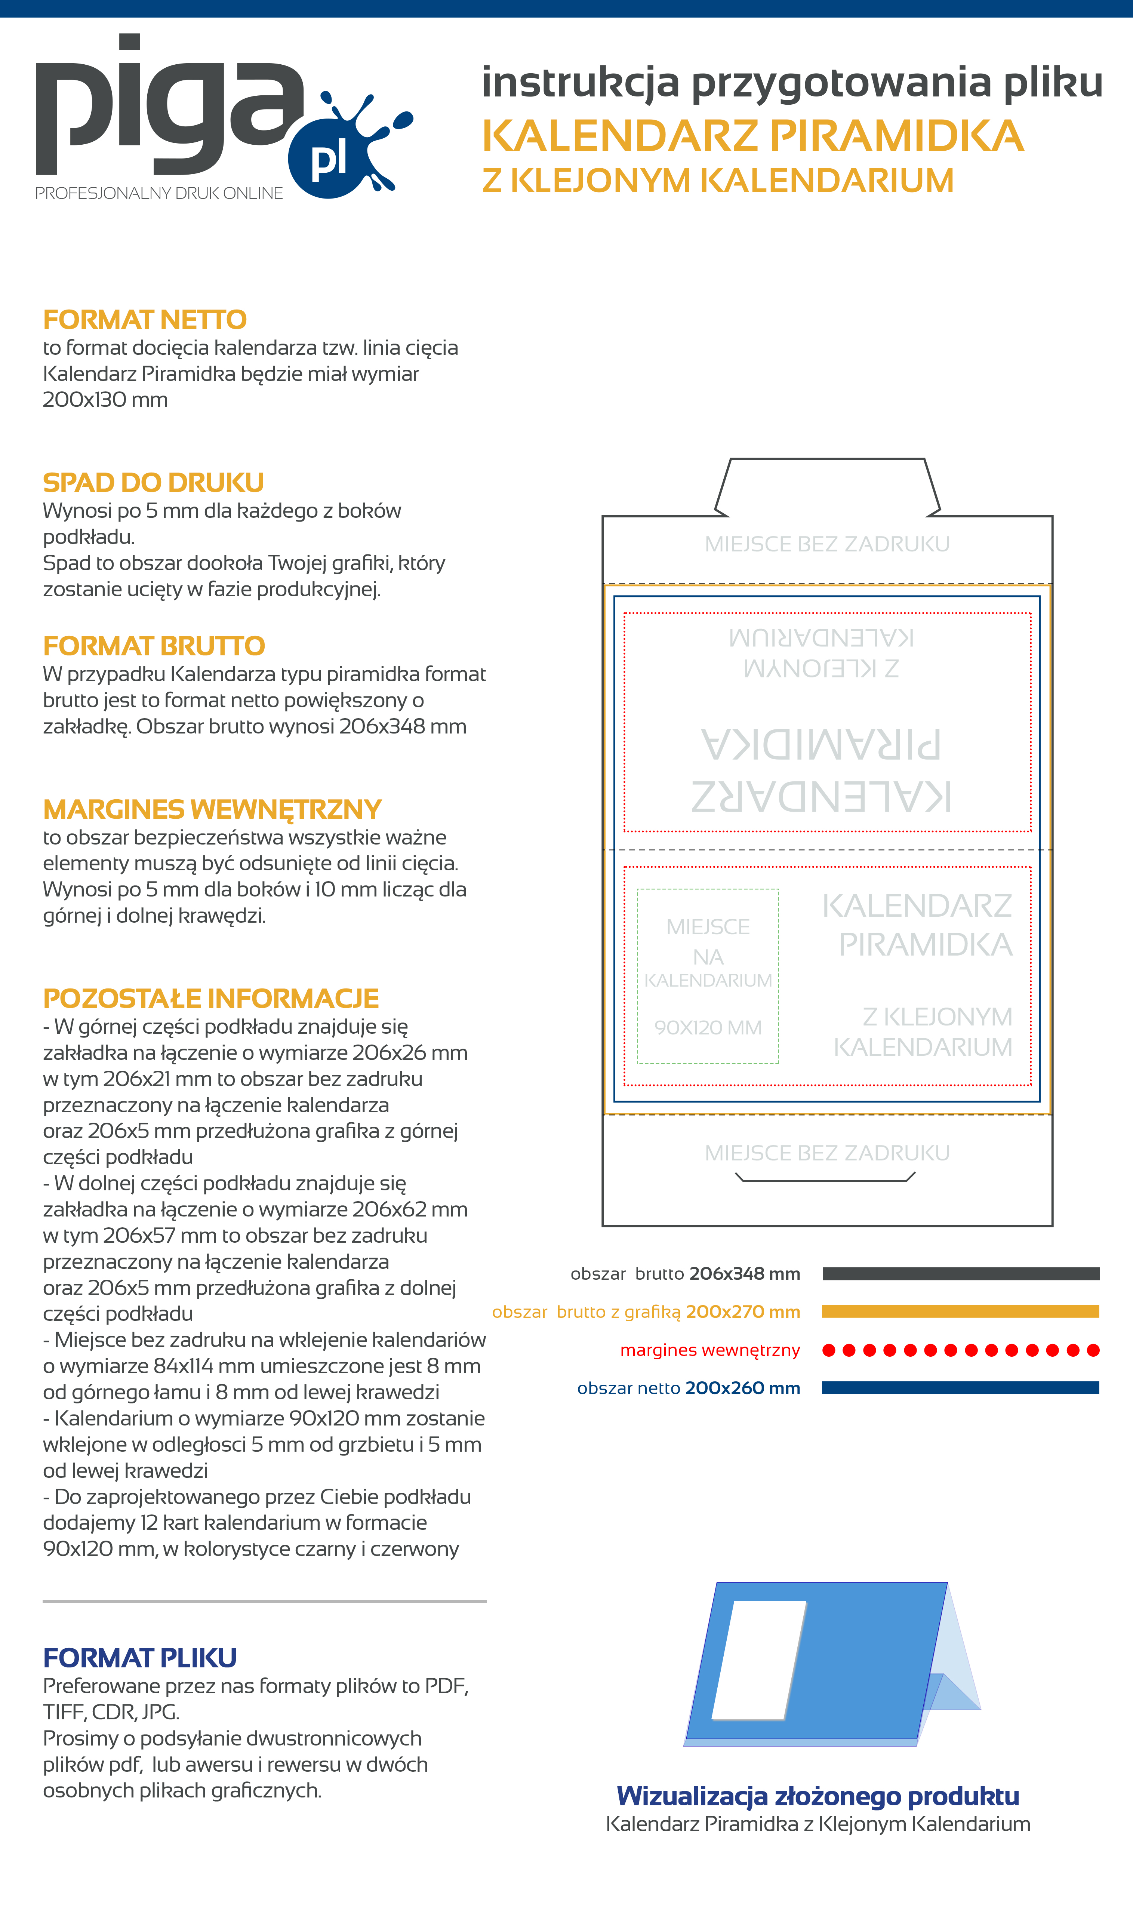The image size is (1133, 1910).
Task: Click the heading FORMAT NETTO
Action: pos(144,319)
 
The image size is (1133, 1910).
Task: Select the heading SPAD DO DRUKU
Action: pos(153,483)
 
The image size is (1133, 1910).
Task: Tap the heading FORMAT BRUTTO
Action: pos(154,646)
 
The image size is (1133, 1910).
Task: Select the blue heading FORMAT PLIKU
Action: pos(140,1658)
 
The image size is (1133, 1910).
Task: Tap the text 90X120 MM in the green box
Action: pos(708,1027)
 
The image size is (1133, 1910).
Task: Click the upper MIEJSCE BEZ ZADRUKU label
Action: pos(827,544)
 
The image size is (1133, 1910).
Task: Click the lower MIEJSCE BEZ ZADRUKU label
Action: pos(827,1153)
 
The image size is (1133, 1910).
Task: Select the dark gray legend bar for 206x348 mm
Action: pos(960,1273)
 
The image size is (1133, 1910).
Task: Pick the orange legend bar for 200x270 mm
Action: pos(960,1311)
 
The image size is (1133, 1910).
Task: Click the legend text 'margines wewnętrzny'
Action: pos(710,1350)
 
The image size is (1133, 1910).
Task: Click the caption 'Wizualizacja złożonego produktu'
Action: pos(818,1796)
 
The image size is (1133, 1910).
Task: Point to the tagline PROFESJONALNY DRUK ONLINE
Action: pos(159,193)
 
